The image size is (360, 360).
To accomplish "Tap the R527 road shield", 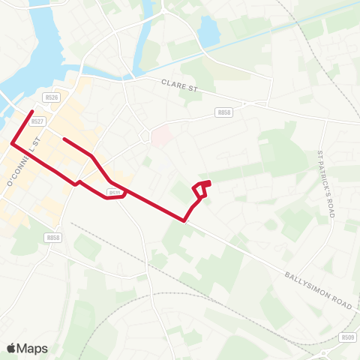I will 39,121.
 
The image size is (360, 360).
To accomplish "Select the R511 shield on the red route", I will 115,193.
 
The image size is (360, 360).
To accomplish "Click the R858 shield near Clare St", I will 223,112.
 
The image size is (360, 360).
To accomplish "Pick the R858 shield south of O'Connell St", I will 52,237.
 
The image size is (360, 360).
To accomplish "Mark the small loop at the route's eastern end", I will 202,187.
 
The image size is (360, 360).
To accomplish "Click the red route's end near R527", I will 31,112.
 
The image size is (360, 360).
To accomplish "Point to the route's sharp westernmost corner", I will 11,142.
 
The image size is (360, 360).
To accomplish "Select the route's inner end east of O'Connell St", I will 64,139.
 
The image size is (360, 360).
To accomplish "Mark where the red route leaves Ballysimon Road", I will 184,220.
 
